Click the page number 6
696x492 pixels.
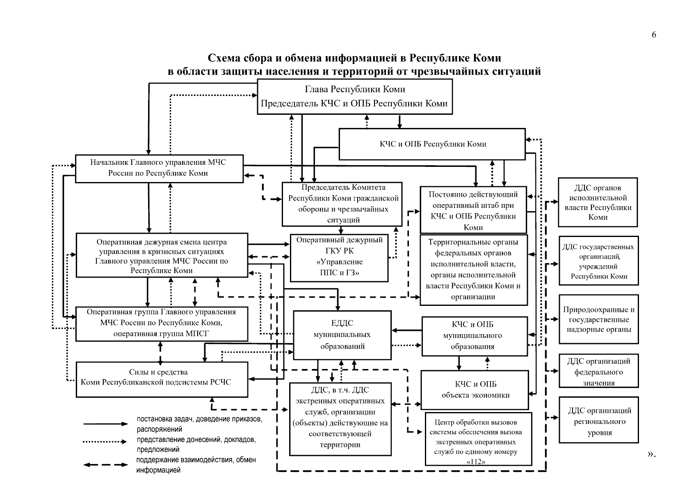[x=654, y=35]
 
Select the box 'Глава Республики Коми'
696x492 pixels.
[x=355, y=96]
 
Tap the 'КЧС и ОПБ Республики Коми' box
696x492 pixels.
[x=432, y=144]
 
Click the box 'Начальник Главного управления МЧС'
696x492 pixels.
[x=159, y=168]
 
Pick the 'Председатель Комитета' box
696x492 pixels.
[x=342, y=204]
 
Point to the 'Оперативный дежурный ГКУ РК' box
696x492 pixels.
[x=339, y=257]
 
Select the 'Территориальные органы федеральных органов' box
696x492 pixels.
[x=473, y=270]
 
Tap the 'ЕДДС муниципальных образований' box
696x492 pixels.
[x=342, y=335]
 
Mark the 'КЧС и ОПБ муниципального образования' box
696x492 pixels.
[x=475, y=336]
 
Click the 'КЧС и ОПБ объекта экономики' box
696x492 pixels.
[x=475, y=390]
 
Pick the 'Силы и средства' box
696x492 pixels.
[x=162, y=379]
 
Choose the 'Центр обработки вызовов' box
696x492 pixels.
[x=478, y=439]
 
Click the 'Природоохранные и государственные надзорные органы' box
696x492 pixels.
[x=598, y=319]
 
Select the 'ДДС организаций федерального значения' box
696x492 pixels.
[x=598, y=371]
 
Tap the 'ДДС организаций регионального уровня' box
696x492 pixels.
[x=598, y=420]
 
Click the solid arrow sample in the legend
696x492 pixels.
[x=105, y=424]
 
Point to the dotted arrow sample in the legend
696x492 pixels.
[x=105, y=442]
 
